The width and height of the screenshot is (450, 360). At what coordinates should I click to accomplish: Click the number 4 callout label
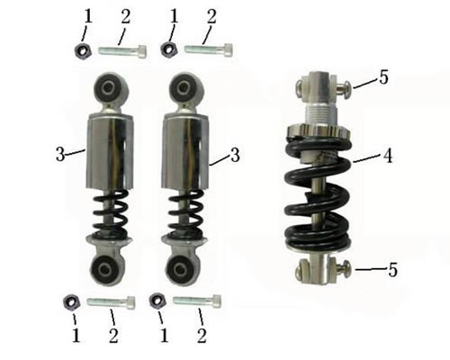388,156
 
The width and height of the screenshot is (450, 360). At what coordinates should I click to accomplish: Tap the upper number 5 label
383,78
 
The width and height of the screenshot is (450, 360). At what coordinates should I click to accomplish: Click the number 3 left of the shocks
60,155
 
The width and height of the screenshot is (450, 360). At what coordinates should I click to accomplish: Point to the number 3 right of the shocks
235,155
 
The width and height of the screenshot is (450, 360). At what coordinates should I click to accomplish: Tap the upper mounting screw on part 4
342,86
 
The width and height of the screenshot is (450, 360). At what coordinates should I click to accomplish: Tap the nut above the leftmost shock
81,50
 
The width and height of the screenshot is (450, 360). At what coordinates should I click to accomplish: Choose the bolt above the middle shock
208,49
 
